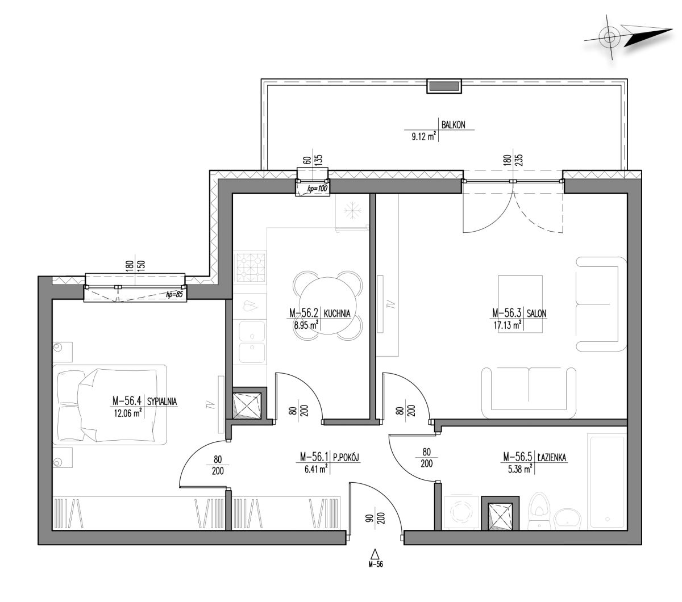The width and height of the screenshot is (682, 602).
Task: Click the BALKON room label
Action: point(453,125)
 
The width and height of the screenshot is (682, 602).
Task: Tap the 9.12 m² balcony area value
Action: point(423,136)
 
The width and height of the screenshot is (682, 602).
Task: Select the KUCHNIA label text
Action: point(336,313)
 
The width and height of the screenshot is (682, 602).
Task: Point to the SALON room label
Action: point(537,313)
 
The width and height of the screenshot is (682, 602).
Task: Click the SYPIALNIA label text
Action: point(162,401)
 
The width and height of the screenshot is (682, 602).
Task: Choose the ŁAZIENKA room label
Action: point(551,457)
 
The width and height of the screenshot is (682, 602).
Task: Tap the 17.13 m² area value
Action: point(508,325)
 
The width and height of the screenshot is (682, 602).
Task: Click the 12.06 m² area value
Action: point(127,413)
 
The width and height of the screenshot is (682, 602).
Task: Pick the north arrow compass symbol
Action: point(628,37)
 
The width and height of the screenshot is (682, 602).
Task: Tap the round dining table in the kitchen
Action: point(327,306)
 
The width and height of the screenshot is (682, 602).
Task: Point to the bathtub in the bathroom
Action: point(606,482)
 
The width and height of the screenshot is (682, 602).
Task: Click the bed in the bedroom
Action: point(110,404)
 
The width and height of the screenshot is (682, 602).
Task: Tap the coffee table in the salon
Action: point(520,304)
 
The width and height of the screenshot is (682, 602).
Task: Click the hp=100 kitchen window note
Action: point(317,189)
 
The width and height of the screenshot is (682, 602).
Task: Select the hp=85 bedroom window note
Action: point(174,294)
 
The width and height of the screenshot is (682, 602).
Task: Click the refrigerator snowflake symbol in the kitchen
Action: point(352,211)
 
